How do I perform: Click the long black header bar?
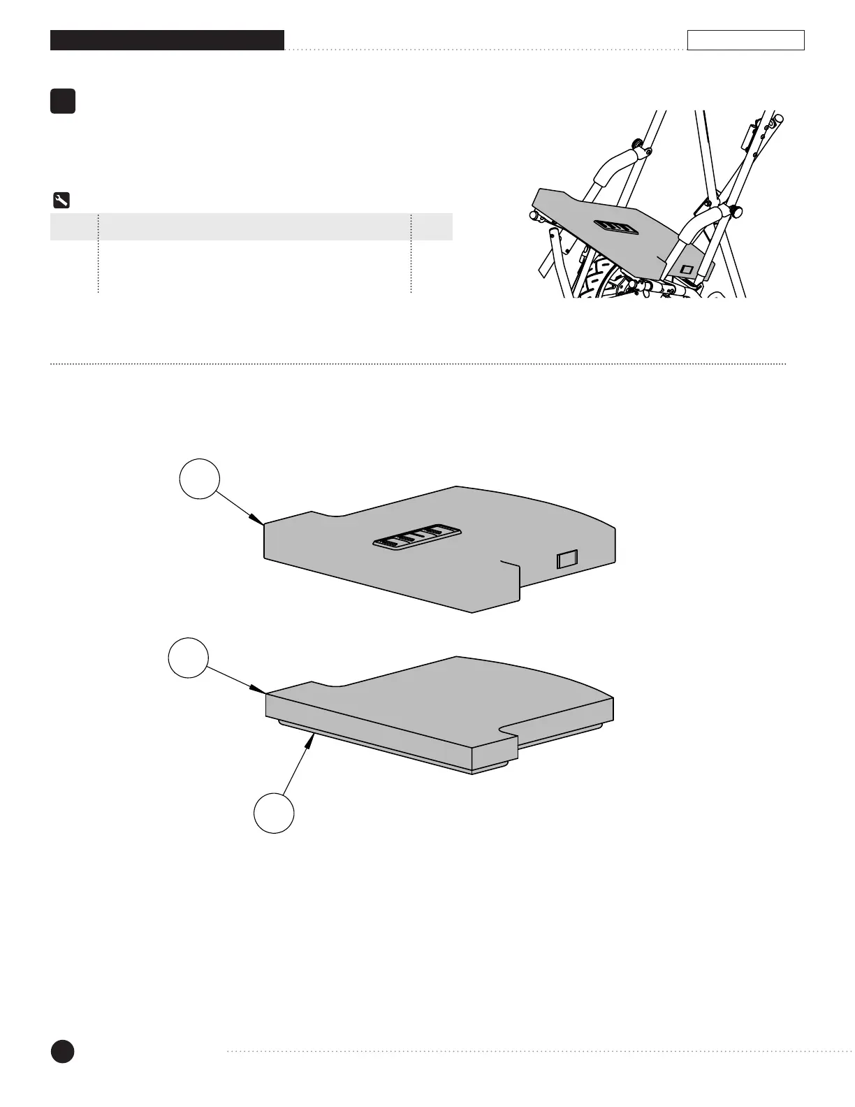pos(167,41)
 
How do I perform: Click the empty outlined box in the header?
pos(745,41)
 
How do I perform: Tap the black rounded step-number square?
pos(63,101)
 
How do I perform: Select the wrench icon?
pos(61,201)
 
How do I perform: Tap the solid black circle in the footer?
pos(62,1051)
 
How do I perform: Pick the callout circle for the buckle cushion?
pos(200,478)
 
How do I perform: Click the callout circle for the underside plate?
pos(273,813)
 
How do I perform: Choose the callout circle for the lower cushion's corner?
pos(189,658)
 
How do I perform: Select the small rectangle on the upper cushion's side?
pos(567,559)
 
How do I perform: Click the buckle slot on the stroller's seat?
pos(616,228)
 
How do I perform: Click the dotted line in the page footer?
pos(538,1050)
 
